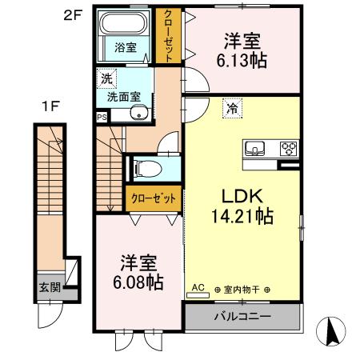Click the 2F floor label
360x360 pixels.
(x=71, y=14)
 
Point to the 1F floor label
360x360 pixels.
(x=48, y=106)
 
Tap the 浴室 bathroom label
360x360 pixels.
(x=123, y=47)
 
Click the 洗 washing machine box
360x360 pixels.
(x=106, y=78)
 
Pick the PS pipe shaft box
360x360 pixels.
(x=101, y=117)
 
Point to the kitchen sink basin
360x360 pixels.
(x=256, y=147)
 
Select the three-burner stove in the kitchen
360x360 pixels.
(x=287, y=147)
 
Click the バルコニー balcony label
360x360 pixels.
(x=242, y=316)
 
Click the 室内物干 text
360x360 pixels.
(x=242, y=290)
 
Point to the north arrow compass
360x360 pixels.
(x=330, y=330)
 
